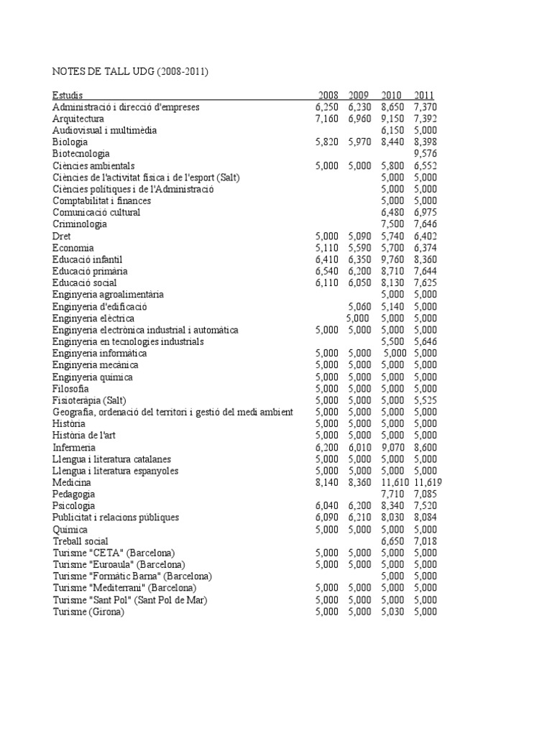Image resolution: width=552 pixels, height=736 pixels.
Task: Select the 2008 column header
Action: click(x=327, y=95)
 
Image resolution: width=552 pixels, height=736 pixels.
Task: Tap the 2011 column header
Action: click(x=424, y=95)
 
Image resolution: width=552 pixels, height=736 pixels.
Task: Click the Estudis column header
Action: click(x=68, y=95)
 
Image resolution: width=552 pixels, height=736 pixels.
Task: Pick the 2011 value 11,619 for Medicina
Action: click(x=428, y=482)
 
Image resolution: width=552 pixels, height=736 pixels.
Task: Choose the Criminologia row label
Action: click(x=80, y=224)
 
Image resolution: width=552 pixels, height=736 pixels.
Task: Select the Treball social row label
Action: click(x=80, y=541)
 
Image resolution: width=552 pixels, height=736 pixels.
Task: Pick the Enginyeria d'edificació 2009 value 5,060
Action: click(x=359, y=306)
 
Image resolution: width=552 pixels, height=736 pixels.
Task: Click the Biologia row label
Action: click(x=70, y=142)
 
